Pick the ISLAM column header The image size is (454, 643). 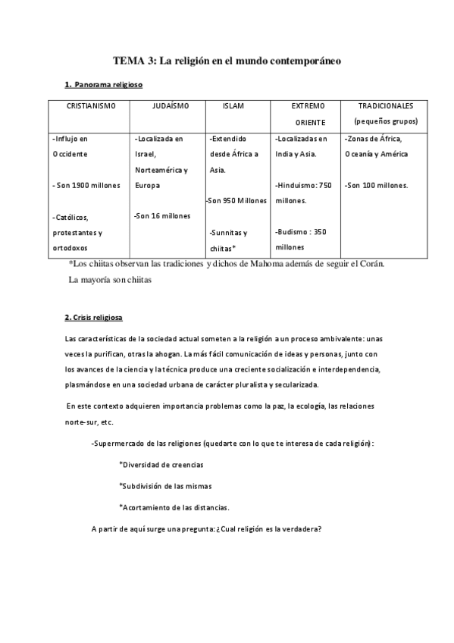tap(233, 106)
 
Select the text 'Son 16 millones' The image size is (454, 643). tap(162, 216)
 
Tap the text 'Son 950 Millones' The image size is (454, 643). tap(236, 201)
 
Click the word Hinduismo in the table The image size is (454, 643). tap(296, 185)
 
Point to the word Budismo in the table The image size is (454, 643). tap(293, 232)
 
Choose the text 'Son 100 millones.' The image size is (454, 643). tap(376, 185)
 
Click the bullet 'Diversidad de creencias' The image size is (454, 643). tap(161, 464)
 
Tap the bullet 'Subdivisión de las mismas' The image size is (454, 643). tap(165, 485)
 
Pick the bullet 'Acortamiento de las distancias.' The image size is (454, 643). tap(174, 507)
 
